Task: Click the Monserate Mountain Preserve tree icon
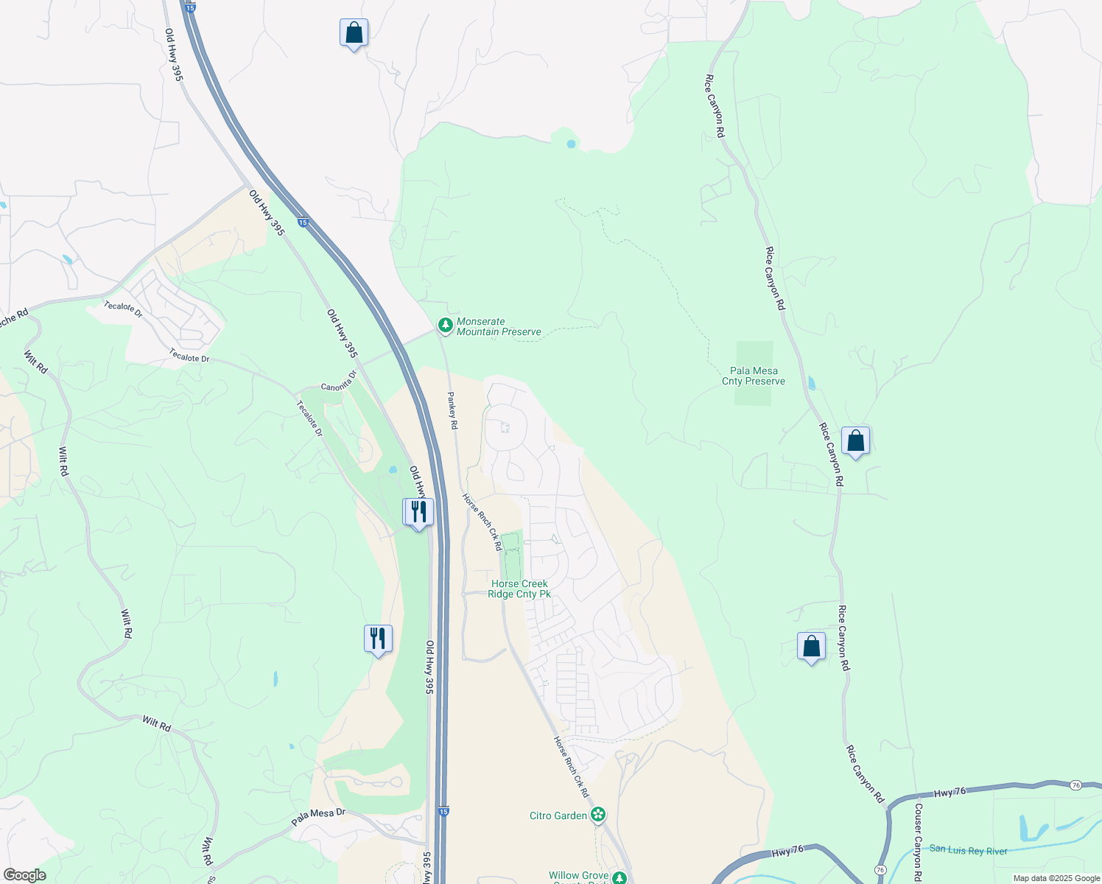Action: point(445,325)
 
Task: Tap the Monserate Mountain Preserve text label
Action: point(499,327)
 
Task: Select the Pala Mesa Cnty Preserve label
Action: point(754,376)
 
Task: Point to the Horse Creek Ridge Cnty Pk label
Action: point(519,589)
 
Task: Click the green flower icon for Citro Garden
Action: point(598,815)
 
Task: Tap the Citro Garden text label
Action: point(558,815)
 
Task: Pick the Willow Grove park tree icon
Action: point(620,877)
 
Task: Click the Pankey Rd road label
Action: point(453,411)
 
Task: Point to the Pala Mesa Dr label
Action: point(318,816)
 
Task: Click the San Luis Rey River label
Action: point(968,850)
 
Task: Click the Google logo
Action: point(24,875)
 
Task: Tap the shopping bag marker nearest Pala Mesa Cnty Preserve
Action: point(855,441)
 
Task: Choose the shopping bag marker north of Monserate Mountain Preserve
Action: point(354,33)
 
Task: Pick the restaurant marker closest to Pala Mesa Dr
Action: point(378,638)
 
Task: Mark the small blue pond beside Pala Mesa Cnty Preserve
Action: point(811,382)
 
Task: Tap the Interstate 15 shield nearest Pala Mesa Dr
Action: point(443,810)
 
